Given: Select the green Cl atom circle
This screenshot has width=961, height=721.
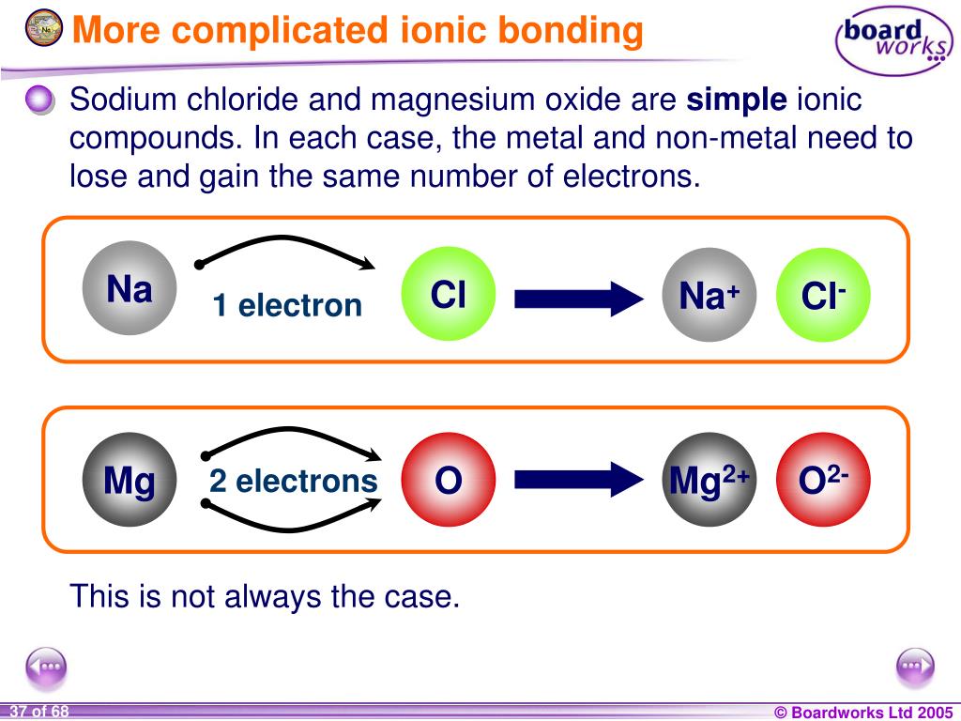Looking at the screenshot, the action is (x=448, y=295).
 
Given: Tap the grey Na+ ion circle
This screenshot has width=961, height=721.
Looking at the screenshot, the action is (x=709, y=295).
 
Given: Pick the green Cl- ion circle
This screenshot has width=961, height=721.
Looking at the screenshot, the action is (x=824, y=295).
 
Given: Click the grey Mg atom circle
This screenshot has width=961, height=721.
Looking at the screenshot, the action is (x=130, y=481).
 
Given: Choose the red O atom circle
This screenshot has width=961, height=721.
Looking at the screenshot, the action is (x=448, y=481).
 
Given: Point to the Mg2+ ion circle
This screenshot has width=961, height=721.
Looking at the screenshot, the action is (x=709, y=481).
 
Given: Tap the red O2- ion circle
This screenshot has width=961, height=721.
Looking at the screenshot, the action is (x=824, y=481).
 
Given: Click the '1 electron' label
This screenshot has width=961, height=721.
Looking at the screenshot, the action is (x=286, y=305).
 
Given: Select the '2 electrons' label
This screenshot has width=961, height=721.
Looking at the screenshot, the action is (x=293, y=482).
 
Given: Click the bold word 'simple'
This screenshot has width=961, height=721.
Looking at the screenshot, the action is (x=738, y=100).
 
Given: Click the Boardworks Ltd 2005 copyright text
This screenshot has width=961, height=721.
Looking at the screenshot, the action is (x=862, y=712).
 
